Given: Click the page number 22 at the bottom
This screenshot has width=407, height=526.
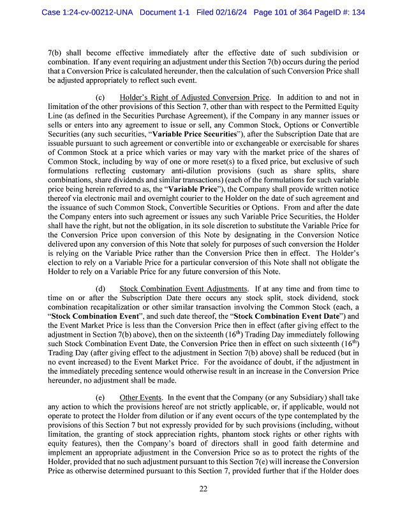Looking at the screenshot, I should [204, 490].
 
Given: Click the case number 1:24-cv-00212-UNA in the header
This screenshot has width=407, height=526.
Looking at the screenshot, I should [97, 12].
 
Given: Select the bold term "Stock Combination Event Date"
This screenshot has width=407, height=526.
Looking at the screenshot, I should [279, 316].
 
